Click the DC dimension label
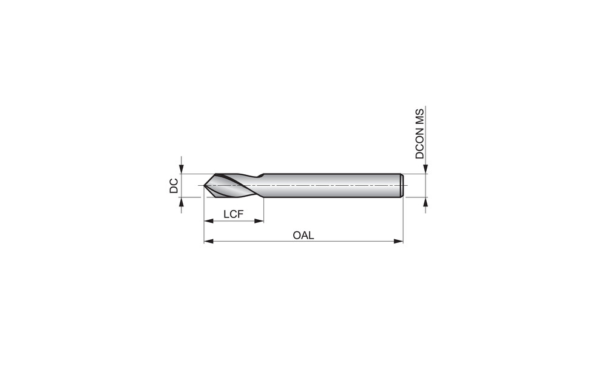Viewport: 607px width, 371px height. pos(174,186)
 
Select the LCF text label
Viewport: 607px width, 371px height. pos(234,214)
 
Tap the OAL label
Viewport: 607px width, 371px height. pos(303,235)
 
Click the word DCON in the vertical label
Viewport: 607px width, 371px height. pos(419,144)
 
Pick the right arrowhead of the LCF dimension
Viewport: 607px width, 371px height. pos(259,221)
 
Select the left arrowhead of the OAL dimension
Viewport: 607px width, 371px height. pos(209,241)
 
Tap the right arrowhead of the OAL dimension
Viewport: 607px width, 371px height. pos(398,241)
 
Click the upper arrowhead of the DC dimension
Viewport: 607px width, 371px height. pos(181,168)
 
